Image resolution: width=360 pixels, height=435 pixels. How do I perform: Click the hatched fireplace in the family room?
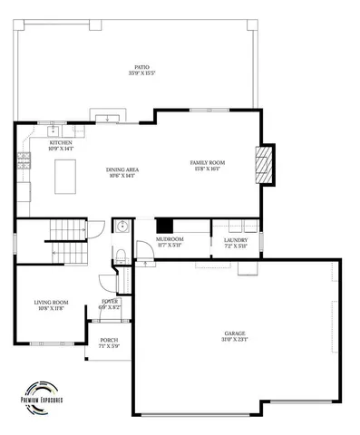coord(264,165)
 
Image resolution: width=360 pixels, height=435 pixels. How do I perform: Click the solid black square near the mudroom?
coord(165,226)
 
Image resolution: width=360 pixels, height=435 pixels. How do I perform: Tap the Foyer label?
coord(109,303)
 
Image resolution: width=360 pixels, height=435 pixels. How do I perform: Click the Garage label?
coord(234,334)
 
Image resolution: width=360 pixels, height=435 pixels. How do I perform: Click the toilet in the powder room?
coord(121,252)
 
